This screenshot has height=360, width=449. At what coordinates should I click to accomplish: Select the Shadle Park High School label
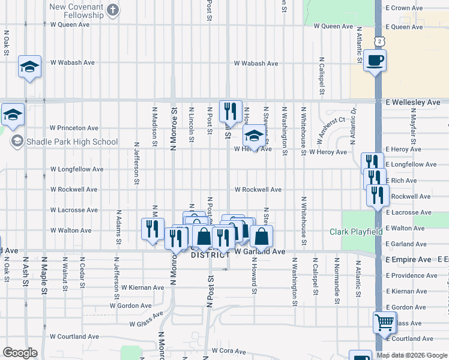click(x=73, y=142)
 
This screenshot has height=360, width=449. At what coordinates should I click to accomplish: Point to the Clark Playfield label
click(x=355, y=232)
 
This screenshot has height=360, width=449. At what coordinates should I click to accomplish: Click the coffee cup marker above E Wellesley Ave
click(x=375, y=61)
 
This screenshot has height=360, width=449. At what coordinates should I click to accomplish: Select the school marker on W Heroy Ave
click(x=254, y=137)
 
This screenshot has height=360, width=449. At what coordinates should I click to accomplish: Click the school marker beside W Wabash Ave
click(x=29, y=67)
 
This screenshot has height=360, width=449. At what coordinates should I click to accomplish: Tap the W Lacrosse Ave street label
click(x=74, y=210)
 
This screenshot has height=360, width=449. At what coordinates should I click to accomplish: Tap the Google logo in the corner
click(x=20, y=353)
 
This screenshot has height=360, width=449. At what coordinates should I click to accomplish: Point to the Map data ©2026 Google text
click(x=412, y=355)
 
